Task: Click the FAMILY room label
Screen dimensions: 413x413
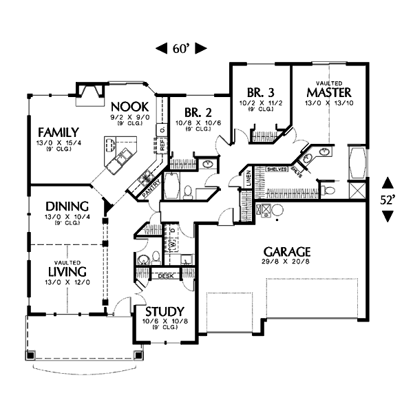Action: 58,131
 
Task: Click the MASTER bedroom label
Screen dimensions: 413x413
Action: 329,92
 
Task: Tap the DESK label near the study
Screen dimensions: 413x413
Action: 165,276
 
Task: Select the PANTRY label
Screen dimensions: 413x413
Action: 153,191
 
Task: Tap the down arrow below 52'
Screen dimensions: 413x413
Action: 388,216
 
